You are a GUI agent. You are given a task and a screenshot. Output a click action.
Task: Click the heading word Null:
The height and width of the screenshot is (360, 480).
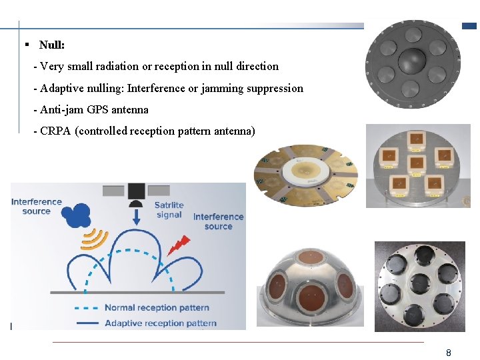tap(52, 45)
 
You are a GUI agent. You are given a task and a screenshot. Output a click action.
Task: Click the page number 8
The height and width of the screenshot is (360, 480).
tap(449, 352)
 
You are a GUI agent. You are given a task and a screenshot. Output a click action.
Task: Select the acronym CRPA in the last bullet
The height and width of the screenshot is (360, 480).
tap(56, 131)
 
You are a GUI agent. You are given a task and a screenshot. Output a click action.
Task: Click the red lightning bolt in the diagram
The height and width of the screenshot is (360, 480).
tap(179, 245)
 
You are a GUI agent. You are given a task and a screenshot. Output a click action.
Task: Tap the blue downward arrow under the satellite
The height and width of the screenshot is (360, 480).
tap(136, 217)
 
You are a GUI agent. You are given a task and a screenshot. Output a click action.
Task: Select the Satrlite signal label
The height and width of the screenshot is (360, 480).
tap(169, 209)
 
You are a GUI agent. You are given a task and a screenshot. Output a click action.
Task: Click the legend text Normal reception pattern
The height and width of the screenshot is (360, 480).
tap(157, 307)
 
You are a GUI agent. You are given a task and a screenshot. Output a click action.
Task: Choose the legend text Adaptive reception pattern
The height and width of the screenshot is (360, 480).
tap(160, 323)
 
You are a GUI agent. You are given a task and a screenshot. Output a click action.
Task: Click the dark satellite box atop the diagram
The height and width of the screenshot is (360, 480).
tap(136, 191)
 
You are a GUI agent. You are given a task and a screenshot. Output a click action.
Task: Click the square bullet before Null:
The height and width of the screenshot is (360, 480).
tap(26, 45)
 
